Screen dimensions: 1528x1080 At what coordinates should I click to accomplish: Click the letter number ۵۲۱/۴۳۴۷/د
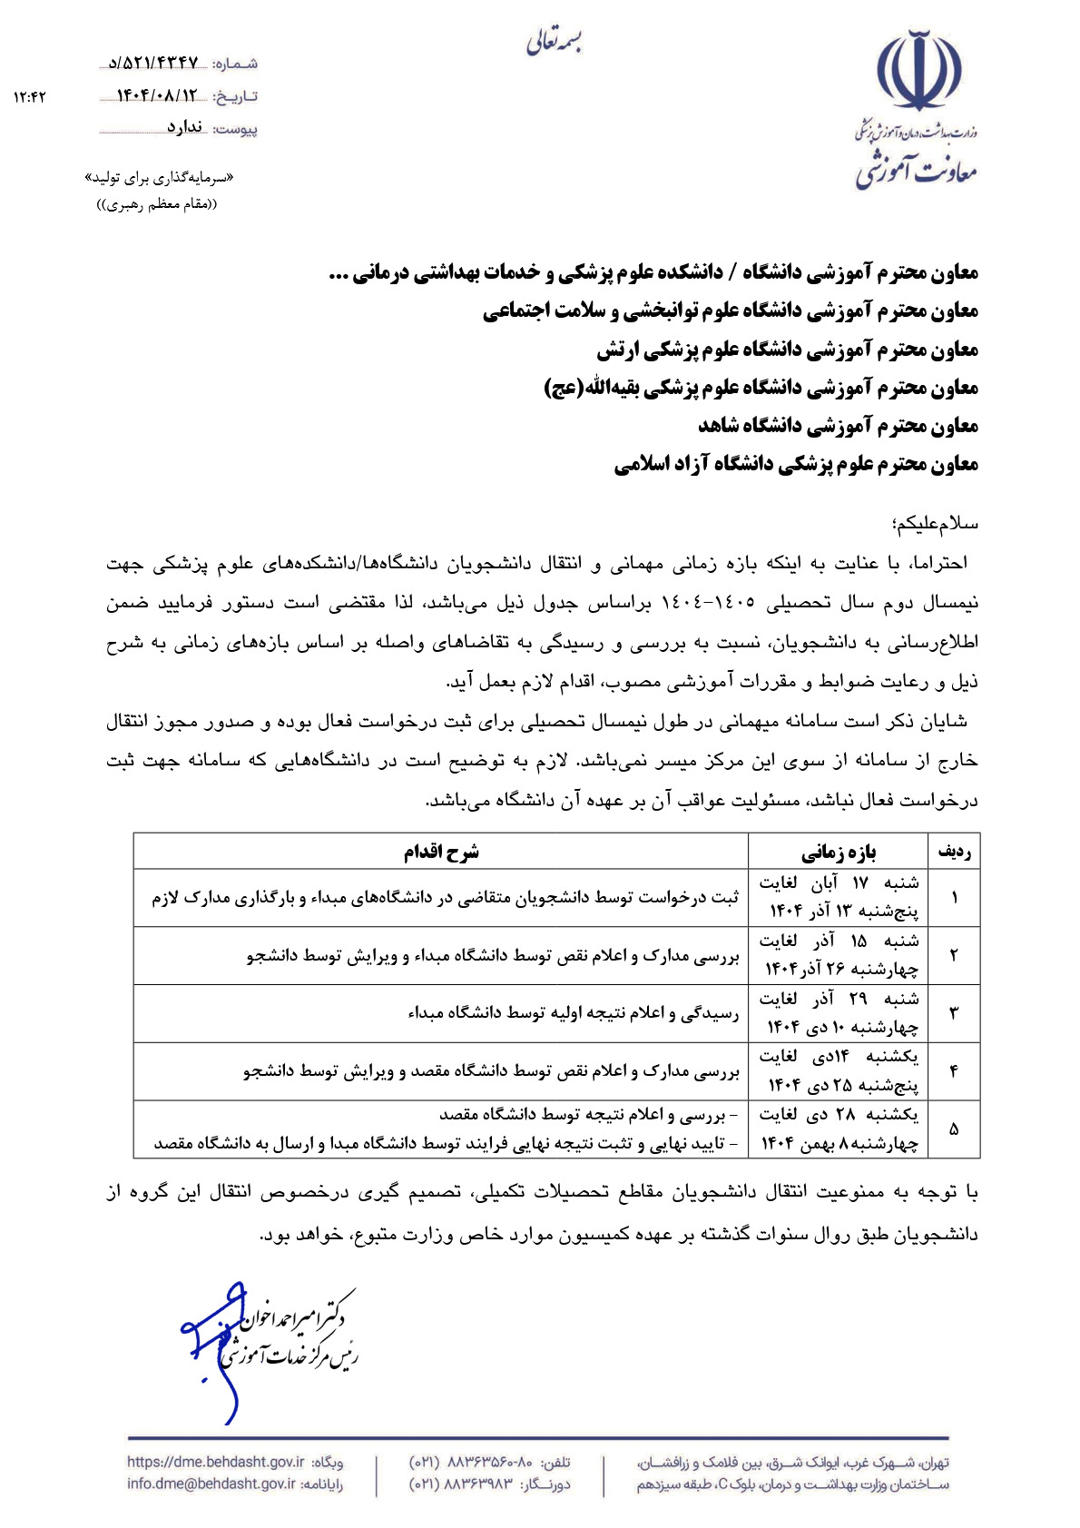tap(153, 63)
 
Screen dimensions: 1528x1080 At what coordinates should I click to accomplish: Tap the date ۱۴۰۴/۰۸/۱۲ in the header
tap(156, 95)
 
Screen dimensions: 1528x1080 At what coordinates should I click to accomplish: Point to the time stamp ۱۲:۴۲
tap(30, 96)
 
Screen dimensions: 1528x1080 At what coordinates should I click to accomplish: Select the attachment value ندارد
tap(184, 128)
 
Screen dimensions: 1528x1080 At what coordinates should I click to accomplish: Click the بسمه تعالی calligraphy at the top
tap(554, 41)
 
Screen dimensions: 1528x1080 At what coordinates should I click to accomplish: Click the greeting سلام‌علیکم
tap(934, 524)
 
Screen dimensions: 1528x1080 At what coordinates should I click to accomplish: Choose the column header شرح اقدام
tap(441, 852)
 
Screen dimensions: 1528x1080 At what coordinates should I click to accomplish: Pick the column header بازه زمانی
tap(838, 852)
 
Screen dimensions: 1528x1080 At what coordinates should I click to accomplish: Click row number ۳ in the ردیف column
tap(954, 1013)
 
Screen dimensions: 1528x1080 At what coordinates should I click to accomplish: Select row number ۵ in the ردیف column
tap(954, 1129)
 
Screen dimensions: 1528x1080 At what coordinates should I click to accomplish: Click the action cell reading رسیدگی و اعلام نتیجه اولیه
tap(574, 1013)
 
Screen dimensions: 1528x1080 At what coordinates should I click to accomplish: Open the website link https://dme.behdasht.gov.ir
tap(216, 1462)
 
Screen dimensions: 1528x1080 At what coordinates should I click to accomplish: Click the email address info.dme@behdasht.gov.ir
tap(211, 1484)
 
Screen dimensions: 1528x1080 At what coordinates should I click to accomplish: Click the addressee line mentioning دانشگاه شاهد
tap(838, 425)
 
